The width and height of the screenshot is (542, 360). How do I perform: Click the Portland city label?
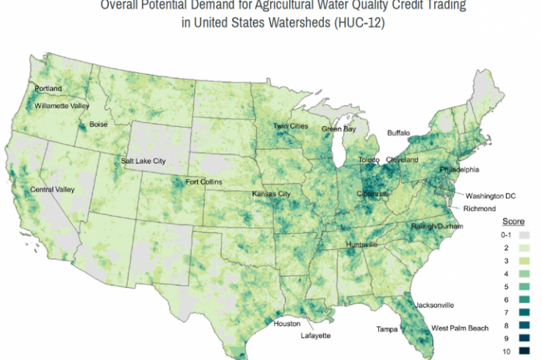tap(48, 89)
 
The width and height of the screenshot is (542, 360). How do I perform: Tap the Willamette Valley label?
tap(62, 106)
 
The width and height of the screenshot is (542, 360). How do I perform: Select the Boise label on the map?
tap(98, 124)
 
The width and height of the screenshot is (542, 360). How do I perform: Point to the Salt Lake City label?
tap(144, 161)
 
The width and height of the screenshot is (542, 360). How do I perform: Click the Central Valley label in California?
tap(52, 190)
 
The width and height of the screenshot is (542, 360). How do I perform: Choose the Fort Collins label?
tap(203, 181)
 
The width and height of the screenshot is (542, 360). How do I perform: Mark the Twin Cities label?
tap(290, 126)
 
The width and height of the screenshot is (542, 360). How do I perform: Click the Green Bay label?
tap(339, 129)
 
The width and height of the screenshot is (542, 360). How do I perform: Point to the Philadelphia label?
tap(459, 170)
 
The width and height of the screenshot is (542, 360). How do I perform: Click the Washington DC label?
tap(491, 196)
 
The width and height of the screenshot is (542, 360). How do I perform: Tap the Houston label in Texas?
tap(286, 324)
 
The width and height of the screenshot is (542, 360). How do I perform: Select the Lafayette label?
tap(317, 337)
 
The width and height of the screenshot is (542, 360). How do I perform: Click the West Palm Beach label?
tap(459, 328)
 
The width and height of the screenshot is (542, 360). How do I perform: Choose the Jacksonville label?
tap(435, 304)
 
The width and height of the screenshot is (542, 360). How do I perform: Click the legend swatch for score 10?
tap(524, 350)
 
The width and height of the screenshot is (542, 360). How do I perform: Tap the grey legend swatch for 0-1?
tap(524, 235)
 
